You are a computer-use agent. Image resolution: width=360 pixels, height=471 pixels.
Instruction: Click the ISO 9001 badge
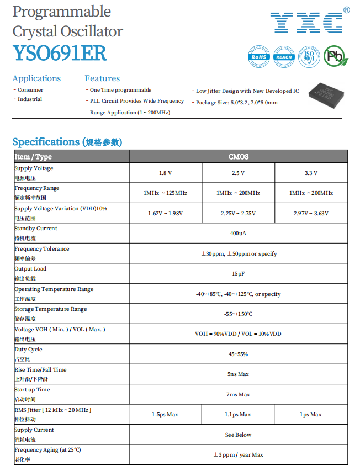pyautogui.click(x=309, y=56)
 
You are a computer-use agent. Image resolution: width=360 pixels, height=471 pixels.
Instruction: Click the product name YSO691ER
pyautogui.click(x=60, y=53)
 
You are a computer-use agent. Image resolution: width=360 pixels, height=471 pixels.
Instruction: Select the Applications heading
pyautogui.click(x=36, y=78)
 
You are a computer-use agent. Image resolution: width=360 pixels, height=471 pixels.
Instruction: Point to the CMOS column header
pyautogui.click(x=239, y=157)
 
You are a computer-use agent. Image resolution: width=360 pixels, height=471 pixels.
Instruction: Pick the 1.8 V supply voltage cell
pyautogui.click(x=165, y=173)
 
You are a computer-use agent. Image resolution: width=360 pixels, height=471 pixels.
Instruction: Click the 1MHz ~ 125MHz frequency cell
pyautogui.click(x=165, y=193)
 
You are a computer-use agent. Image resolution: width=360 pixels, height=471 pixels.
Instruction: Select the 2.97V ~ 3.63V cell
pyautogui.click(x=311, y=213)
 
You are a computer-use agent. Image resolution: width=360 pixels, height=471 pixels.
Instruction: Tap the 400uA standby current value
pyautogui.click(x=238, y=234)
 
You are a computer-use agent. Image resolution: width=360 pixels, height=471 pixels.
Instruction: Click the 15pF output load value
pyautogui.click(x=238, y=274)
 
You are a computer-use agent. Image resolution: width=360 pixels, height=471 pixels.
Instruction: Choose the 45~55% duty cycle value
pyautogui.click(x=238, y=354)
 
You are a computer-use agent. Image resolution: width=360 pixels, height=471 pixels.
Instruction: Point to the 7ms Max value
pyautogui.click(x=238, y=395)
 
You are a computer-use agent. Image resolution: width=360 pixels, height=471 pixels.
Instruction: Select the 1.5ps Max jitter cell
pyautogui.click(x=165, y=415)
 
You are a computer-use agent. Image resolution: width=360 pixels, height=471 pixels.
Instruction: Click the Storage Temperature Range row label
pyautogui.click(x=50, y=309)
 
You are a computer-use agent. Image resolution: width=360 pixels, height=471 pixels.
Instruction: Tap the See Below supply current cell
pyautogui.click(x=238, y=435)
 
